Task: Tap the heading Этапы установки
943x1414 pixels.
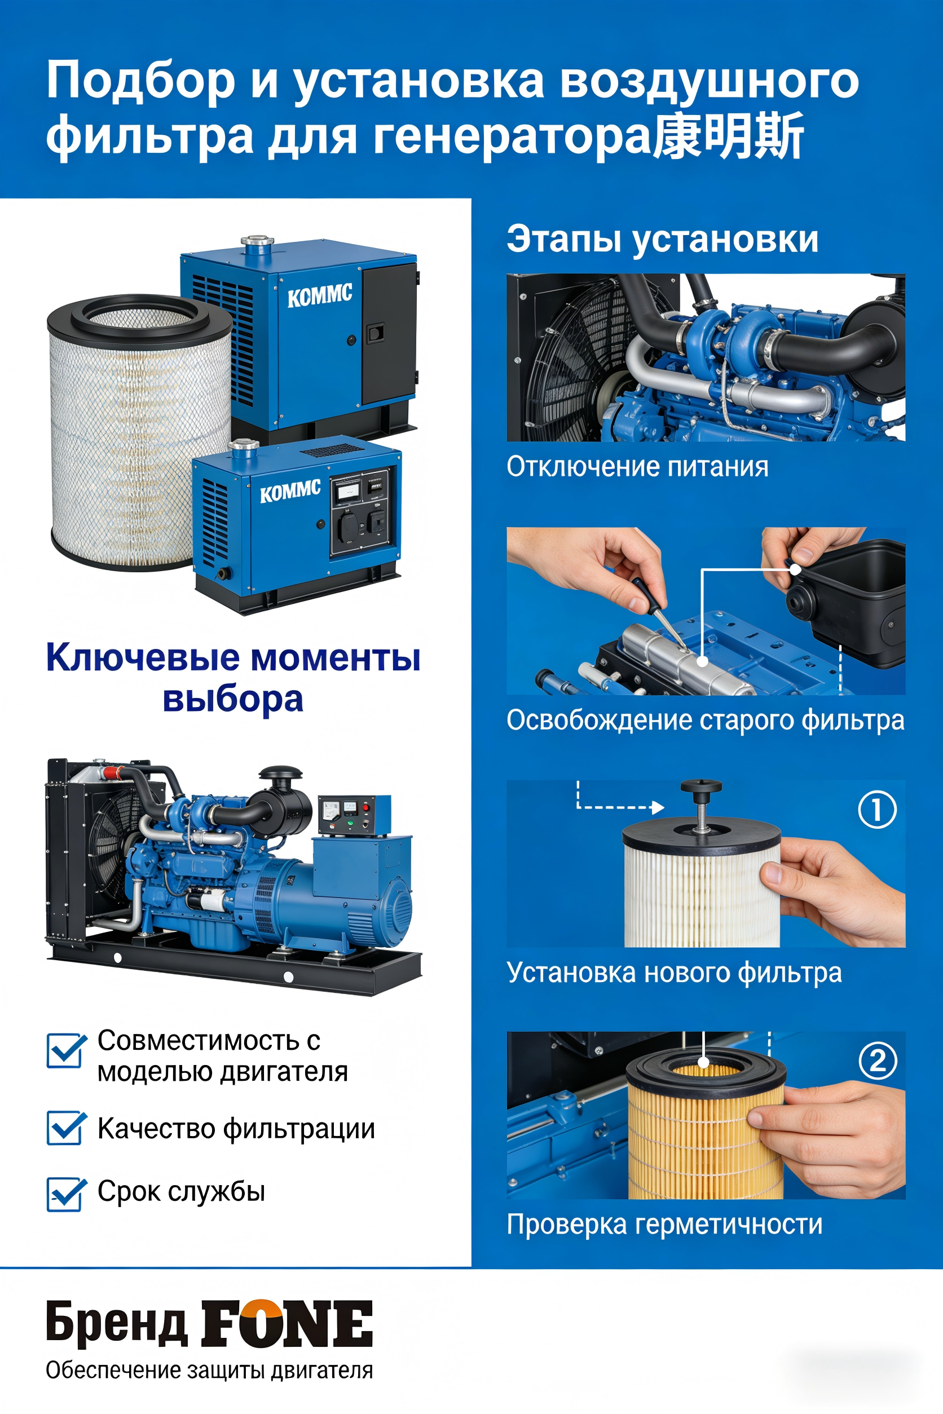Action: coord(662,239)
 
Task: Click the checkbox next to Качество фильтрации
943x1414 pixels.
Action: coord(64,1128)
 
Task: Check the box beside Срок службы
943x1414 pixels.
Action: coord(64,1194)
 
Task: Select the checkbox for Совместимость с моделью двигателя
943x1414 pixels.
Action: coord(64,1050)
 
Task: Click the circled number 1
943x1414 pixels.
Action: coord(876,809)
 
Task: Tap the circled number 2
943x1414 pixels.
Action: coord(877,1060)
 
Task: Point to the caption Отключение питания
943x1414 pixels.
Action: coord(637,467)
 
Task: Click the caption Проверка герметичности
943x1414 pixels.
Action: coord(664,1225)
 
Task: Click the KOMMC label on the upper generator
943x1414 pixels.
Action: coord(319,295)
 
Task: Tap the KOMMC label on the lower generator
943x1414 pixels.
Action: coord(290,491)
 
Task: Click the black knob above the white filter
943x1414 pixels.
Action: coord(700,789)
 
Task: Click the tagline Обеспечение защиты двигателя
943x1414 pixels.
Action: coord(209,1370)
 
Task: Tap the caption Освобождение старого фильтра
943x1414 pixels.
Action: coord(705,720)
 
